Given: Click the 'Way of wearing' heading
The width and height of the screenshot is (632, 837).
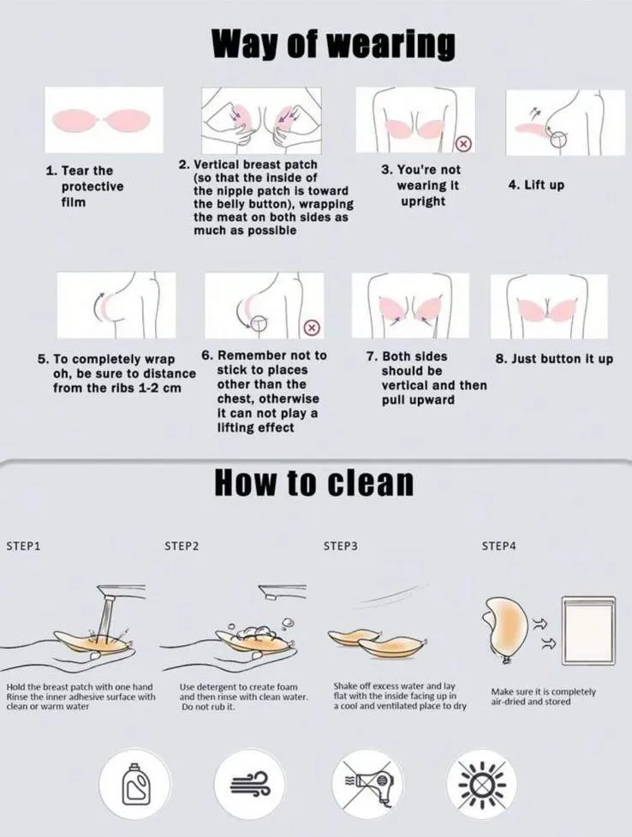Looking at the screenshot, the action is [334, 45].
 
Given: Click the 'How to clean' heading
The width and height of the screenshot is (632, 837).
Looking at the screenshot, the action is [314, 482].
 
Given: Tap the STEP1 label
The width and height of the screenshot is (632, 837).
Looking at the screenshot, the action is [23, 546].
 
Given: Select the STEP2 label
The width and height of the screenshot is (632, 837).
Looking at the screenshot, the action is [182, 546].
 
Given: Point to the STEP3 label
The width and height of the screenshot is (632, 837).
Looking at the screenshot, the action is [341, 546].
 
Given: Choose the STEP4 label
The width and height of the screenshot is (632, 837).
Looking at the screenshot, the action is [498, 546].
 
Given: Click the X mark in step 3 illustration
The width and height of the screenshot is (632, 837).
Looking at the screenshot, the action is [463, 143].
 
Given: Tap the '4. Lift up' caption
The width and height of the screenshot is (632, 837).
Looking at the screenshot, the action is [536, 185].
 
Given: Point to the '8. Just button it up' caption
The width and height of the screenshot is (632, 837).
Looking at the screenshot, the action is [554, 359].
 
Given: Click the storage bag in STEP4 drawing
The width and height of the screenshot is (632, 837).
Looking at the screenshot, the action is [588, 631].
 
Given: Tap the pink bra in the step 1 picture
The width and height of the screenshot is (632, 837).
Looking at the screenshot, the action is [104, 121].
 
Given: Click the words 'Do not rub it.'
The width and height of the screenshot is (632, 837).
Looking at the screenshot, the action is [208, 707].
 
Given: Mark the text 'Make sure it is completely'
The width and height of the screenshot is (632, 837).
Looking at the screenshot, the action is [543, 692].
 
